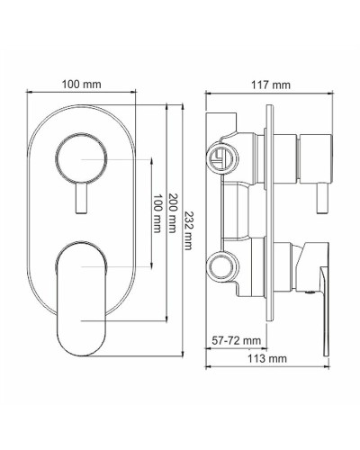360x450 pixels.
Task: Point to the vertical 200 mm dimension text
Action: [171, 216]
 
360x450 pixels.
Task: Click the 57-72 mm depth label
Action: [237, 340]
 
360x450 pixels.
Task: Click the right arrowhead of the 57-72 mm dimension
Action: [267, 350]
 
